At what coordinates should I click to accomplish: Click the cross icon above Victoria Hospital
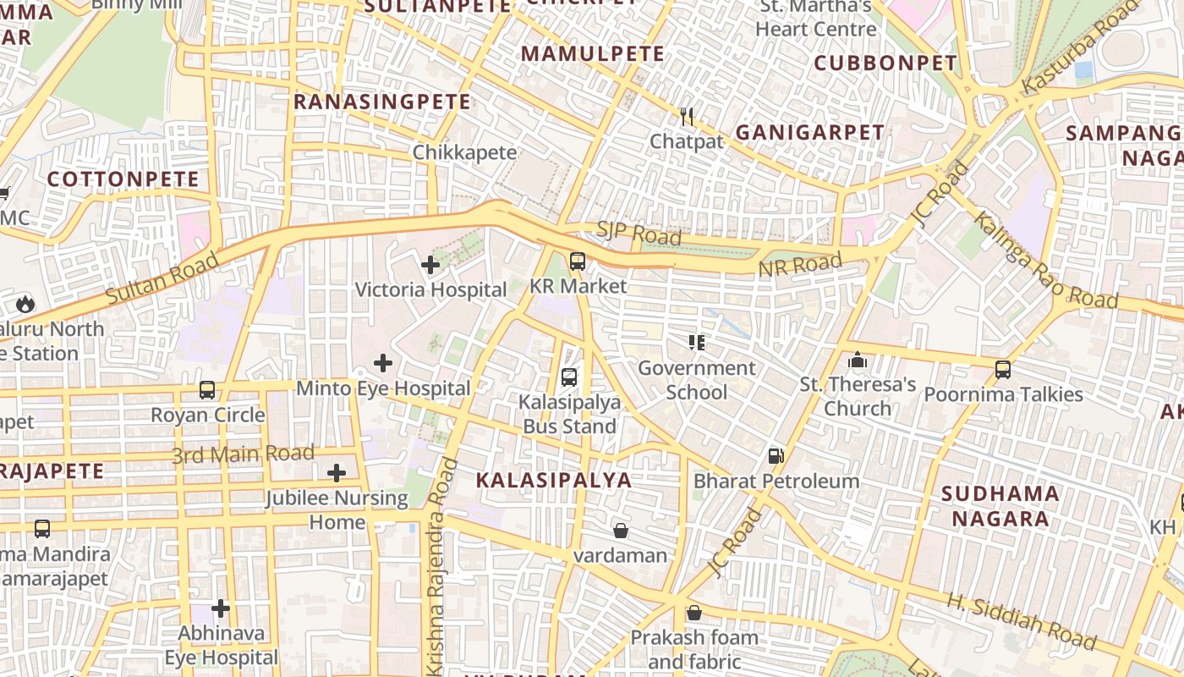(x=430, y=265)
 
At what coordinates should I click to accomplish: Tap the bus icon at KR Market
(x=578, y=261)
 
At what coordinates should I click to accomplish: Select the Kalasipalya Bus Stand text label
(x=569, y=414)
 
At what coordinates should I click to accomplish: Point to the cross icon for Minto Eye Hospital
(x=383, y=363)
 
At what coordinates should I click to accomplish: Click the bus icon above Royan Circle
(x=207, y=390)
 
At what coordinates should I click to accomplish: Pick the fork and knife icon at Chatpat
(x=687, y=117)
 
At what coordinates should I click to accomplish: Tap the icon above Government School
(x=697, y=343)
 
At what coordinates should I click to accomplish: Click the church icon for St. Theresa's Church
(x=858, y=361)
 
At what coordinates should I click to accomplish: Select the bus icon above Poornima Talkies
(x=1003, y=370)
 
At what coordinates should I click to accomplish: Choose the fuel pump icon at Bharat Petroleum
(x=776, y=456)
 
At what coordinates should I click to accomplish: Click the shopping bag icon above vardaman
(x=621, y=531)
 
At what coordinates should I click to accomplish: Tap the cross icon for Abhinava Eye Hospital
(x=221, y=608)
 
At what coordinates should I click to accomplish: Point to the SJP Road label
(x=639, y=234)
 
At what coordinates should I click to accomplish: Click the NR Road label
(x=800, y=266)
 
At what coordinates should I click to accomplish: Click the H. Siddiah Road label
(x=1021, y=621)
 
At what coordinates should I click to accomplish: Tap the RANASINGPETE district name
(x=381, y=102)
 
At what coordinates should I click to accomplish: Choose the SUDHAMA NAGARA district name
(x=1000, y=506)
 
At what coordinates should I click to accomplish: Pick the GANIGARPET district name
(x=809, y=132)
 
